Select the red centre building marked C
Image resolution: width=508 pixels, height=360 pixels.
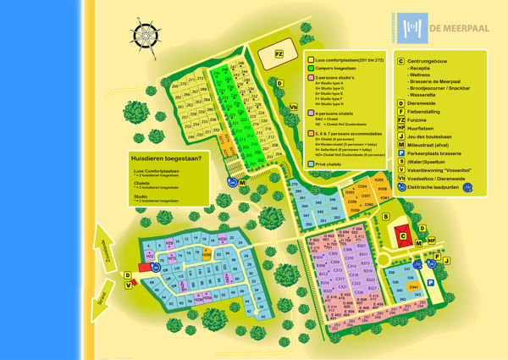tap(403, 236)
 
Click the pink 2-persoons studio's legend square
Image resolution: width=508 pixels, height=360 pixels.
tap(310, 77)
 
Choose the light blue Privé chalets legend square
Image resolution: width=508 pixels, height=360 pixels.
tap(310, 163)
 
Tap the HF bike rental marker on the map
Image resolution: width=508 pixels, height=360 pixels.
tap(431, 241)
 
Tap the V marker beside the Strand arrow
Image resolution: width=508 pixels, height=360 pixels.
tap(129, 285)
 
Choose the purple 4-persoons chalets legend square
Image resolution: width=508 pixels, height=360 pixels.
tap(310, 111)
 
